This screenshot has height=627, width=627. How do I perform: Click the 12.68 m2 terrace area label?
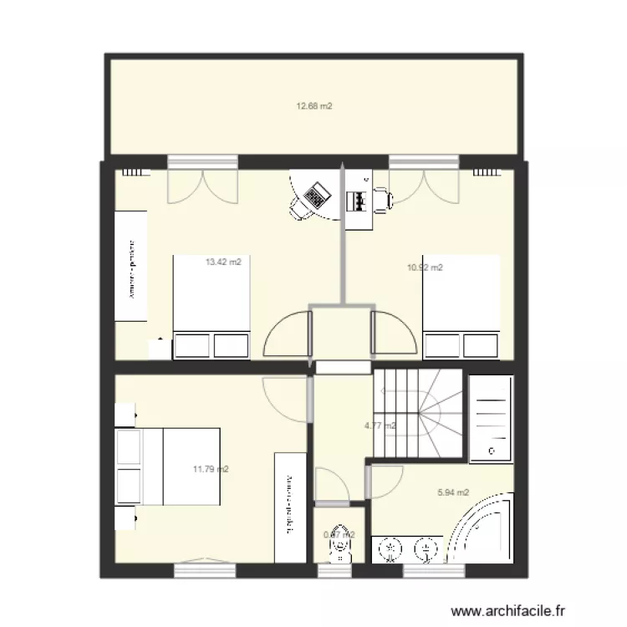[x=314, y=106]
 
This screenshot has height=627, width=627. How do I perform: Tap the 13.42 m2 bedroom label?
[x=223, y=262]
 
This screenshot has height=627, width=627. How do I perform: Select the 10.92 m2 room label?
[x=425, y=268]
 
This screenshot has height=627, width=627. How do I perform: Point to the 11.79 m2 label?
[x=211, y=469]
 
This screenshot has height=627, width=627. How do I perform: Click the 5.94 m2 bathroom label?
[x=453, y=492]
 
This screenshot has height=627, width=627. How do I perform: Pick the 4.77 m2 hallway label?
[x=380, y=426]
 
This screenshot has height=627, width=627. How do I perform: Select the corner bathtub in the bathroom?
[x=482, y=531]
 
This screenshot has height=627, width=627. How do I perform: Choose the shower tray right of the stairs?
[x=491, y=418]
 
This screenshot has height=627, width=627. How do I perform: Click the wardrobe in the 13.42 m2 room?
[x=131, y=264]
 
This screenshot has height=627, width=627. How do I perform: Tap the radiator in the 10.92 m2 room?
[x=485, y=174]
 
